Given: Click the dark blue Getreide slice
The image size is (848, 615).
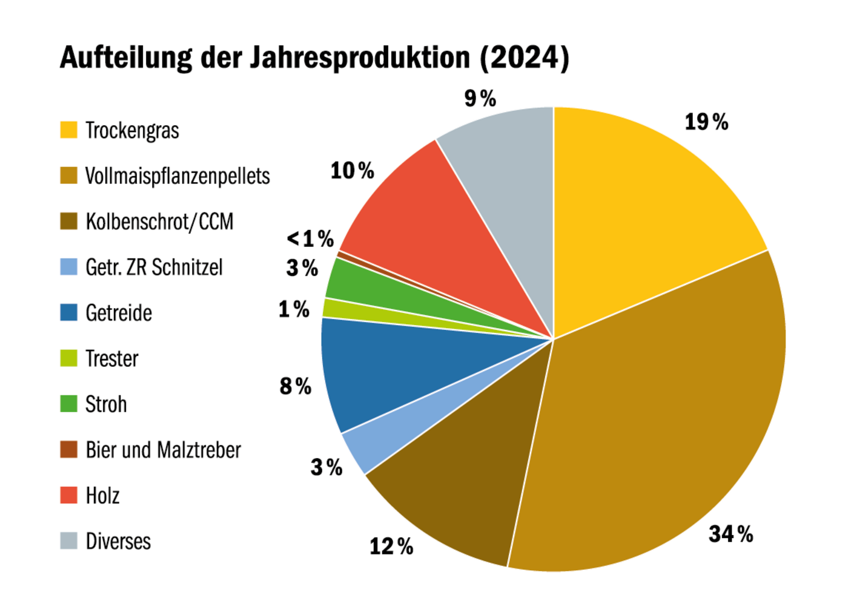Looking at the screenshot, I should pyautogui.click(x=388, y=369).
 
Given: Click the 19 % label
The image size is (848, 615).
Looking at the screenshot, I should pyautogui.click(x=706, y=122).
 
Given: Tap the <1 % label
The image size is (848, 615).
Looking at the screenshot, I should pyautogui.click(x=310, y=238).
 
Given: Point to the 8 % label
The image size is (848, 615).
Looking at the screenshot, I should pyautogui.click(x=295, y=386).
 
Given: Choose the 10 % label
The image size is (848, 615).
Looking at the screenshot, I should pyautogui.click(x=352, y=171).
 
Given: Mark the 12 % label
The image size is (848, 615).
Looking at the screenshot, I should pyautogui.click(x=391, y=547).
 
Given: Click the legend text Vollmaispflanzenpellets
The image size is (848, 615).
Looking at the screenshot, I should pyautogui.click(x=177, y=176).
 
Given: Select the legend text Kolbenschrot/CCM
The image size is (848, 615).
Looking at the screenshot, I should pyautogui.click(x=159, y=222).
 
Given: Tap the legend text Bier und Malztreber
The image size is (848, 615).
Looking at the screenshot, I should pyautogui.click(x=163, y=450).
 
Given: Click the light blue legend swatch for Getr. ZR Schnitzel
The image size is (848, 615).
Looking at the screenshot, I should pyautogui.click(x=69, y=267).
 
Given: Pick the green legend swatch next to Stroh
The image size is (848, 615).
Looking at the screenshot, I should pyautogui.click(x=69, y=404).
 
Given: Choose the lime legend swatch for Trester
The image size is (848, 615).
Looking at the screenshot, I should pyautogui.click(x=69, y=358).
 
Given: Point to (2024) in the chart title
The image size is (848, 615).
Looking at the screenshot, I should pyautogui.click(x=525, y=58).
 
